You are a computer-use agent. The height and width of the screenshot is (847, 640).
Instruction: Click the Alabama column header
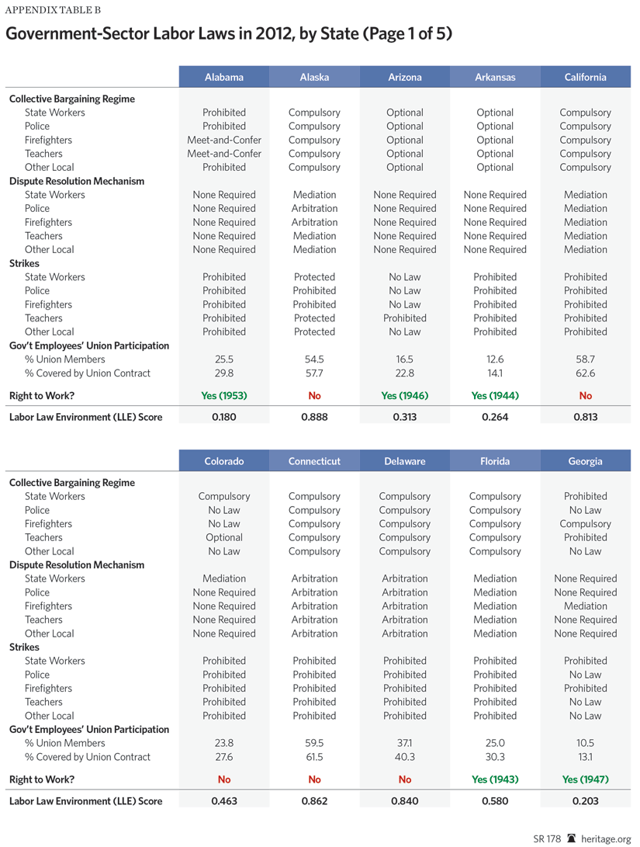[224, 77]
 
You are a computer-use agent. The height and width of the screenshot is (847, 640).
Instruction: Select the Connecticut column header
[314, 461]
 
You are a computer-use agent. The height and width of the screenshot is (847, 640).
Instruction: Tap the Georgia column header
[585, 461]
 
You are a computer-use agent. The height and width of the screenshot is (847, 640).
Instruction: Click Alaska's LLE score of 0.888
[314, 417]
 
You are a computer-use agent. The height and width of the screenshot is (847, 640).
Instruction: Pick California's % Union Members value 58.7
[585, 359]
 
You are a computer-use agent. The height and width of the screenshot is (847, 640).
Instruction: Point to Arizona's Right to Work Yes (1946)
[405, 395]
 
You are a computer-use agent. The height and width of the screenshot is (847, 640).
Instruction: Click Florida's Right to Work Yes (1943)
[495, 779]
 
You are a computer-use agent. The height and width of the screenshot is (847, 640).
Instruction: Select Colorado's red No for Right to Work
[224, 779]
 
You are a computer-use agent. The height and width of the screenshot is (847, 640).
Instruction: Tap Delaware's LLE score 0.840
[405, 800]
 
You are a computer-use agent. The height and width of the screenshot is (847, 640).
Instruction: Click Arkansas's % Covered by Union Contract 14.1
[495, 373]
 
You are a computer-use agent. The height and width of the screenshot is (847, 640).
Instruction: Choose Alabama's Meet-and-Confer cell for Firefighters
[224, 140]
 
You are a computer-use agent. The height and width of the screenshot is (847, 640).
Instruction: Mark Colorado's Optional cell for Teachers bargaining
[224, 537]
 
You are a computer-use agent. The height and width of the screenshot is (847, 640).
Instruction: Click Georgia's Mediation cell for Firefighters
[585, 606]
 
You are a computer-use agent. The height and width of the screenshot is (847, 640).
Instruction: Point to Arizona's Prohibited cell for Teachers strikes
[405, 318]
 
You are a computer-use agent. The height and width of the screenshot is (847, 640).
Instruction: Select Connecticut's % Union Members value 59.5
[314, 743]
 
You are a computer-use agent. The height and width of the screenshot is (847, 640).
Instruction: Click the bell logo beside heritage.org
[572, 838]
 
